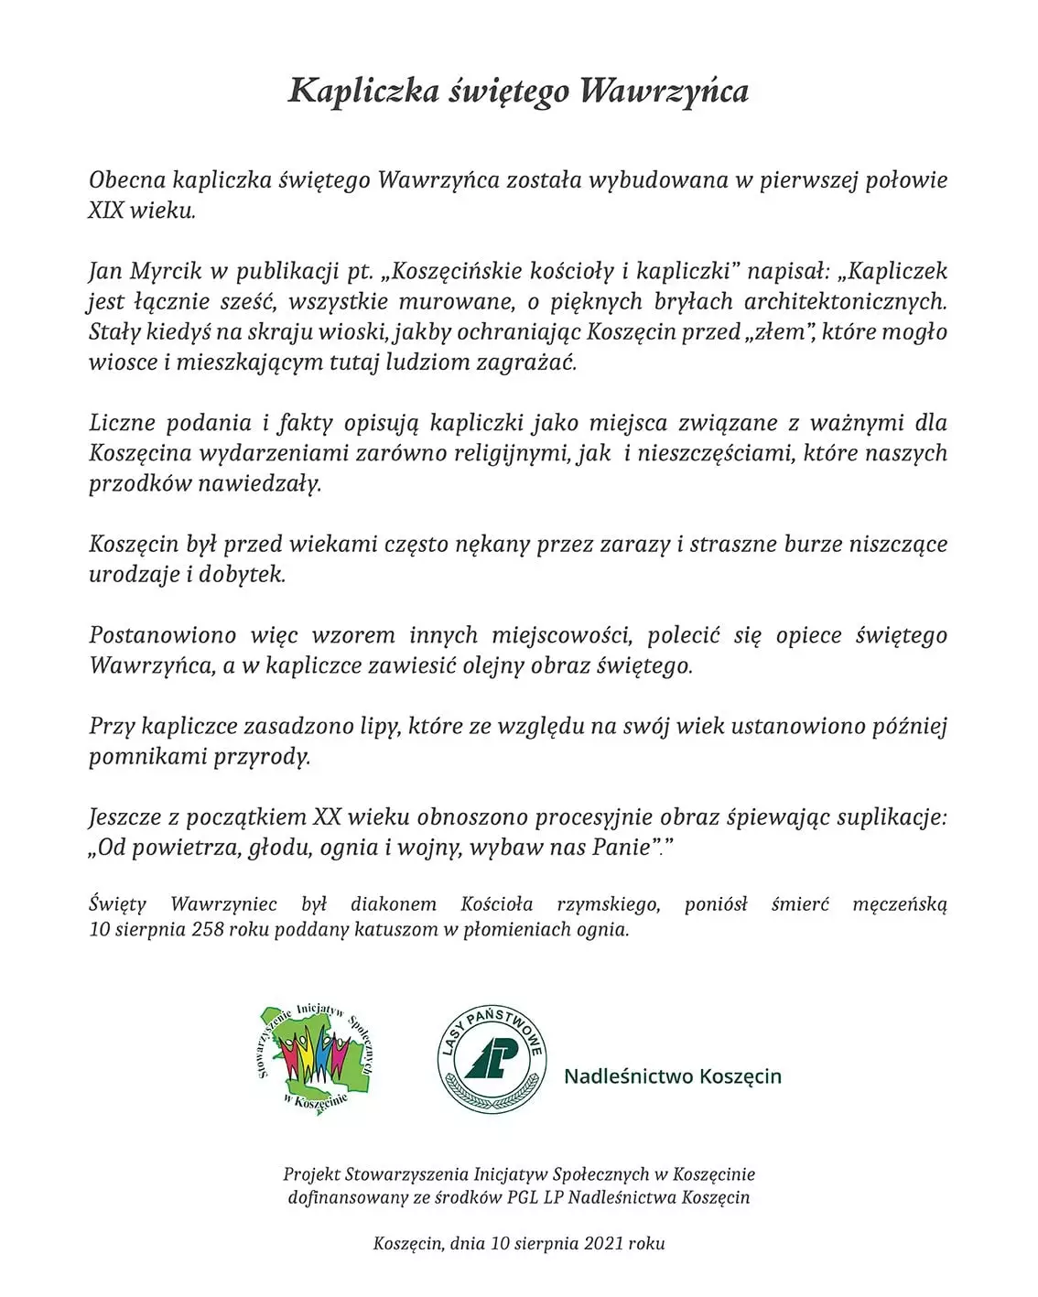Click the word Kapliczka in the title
click(363, 91)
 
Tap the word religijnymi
click(512, 453)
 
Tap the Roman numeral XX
click(327, 816)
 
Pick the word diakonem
click(393, 904)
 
